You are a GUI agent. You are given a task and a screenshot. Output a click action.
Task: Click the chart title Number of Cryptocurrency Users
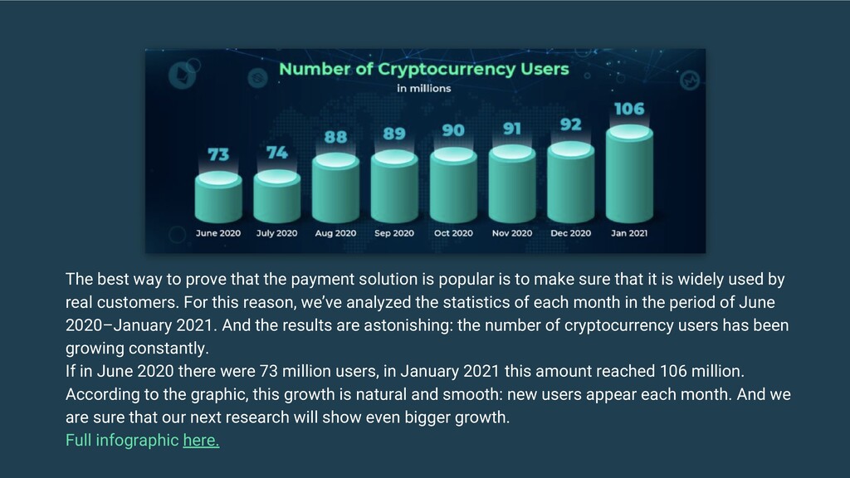(x=423, y=69)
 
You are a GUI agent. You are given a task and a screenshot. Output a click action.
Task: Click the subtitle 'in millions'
(x=423, y=88)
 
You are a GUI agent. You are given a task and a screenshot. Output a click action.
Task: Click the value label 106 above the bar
(x=629, y=109)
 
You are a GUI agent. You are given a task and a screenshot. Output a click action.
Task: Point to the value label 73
(x=218, y=155)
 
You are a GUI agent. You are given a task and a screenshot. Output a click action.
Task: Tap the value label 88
(x=335, y=137)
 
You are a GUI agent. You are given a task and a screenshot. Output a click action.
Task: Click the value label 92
(x=571, y=124)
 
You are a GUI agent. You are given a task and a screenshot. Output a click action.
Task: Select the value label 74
(x=276, y=153)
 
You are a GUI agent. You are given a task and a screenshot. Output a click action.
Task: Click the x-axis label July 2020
(x=276, y=233)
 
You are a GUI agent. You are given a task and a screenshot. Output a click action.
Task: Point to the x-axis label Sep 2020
(x=394, y=233)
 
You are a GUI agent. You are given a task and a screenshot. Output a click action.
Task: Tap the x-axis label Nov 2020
(x=512, y=233)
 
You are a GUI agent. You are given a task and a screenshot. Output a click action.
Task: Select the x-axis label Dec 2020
(x=571, y=233)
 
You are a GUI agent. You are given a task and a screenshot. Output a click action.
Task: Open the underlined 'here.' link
(x=201, y=441)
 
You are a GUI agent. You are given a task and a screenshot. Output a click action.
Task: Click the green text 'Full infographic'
(x=122, y=441)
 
